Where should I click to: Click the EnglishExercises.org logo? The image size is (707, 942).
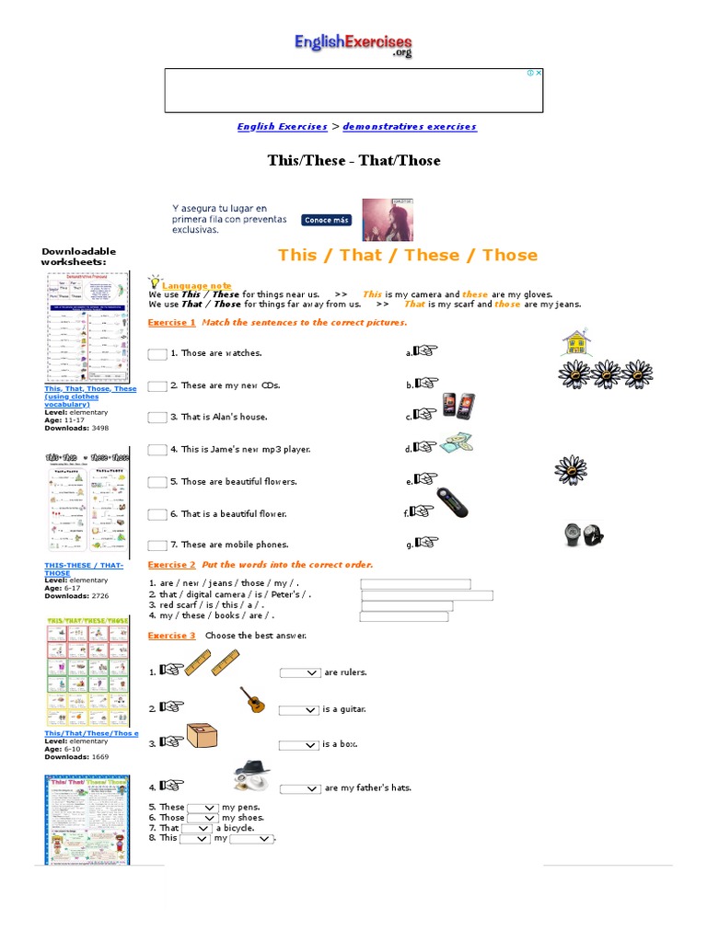353,44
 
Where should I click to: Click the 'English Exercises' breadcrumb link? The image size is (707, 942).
282,127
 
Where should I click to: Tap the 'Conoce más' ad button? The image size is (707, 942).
326,220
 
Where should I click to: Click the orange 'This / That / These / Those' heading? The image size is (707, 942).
408,255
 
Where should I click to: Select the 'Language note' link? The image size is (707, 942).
196,286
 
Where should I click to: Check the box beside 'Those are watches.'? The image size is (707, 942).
157,354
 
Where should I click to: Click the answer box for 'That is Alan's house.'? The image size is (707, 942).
157,418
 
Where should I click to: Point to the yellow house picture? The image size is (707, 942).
576,342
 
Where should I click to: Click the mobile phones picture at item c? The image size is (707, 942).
459,406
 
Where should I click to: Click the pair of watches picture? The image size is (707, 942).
583,534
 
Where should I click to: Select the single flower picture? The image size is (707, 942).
570,470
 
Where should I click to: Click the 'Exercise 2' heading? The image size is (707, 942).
171,565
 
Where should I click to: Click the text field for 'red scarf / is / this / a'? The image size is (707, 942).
406,606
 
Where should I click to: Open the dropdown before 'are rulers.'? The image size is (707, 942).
300,673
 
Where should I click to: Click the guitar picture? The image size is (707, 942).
253,700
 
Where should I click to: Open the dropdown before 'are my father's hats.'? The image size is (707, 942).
300,789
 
